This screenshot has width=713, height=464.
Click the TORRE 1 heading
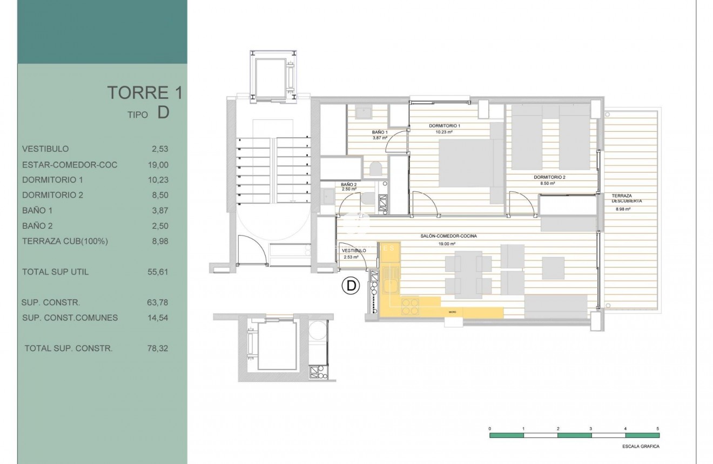[144, 93]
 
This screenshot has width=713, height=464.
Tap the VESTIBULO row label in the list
[45, 149]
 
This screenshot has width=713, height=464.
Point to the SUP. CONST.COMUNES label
[70, 318]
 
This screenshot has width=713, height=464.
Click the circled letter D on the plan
[351, 286]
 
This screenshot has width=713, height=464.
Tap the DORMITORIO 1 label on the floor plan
[444, 125]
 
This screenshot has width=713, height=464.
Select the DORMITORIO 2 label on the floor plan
[549, 177]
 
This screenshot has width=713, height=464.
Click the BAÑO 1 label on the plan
[380, 132]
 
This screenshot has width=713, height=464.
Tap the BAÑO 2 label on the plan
[348, 184]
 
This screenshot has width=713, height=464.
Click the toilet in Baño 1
[376, 169]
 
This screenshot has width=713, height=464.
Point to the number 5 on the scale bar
[657, 428]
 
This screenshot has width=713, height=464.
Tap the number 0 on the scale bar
[490, 428]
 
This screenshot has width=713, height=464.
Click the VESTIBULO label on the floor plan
[354, 251]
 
